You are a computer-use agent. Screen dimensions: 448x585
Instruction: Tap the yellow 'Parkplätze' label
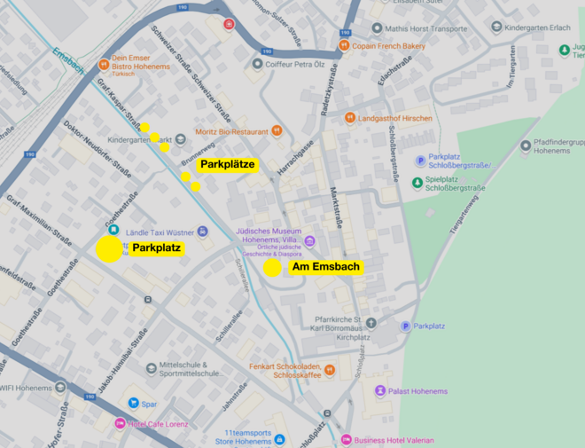(x=228, y=164)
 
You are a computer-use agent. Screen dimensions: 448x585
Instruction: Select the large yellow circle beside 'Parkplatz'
(x=108, y=248)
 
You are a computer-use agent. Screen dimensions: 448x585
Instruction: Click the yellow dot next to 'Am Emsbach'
(x=272, y=267)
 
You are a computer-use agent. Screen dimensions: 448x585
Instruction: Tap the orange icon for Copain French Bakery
(x=344, y=45)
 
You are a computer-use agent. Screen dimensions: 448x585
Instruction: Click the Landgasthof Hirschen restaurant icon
(x=350, y=118)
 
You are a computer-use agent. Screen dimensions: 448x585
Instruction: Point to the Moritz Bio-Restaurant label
(x=231, y=131)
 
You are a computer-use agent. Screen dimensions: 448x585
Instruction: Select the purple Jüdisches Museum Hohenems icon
(x=309, y=240)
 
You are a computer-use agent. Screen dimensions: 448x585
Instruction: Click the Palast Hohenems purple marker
(x=380, y=391)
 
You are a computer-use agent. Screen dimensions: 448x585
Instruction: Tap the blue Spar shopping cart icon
(x=133, y=403)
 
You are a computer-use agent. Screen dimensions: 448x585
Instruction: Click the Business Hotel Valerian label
(x=394, y=440)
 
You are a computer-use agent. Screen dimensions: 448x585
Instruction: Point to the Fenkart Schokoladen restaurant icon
(x=329, y=370)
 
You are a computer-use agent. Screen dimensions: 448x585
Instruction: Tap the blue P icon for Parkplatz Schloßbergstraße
(x=420, y=161)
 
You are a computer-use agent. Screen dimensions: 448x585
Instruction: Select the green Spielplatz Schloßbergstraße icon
(x=417, y=183)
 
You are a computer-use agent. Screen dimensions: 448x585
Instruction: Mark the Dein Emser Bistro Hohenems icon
(x=104, y=63)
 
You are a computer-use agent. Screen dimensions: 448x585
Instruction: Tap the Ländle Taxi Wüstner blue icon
(x=203, y=232)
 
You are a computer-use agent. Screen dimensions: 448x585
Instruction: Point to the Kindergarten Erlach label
(x=540, y=28)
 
